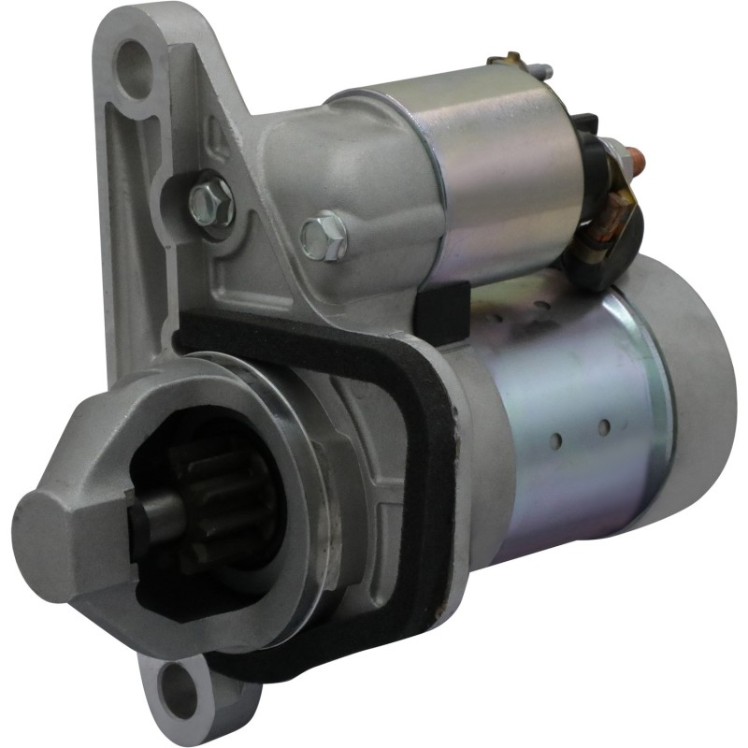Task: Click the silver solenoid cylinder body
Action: [x=496, y=168]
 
